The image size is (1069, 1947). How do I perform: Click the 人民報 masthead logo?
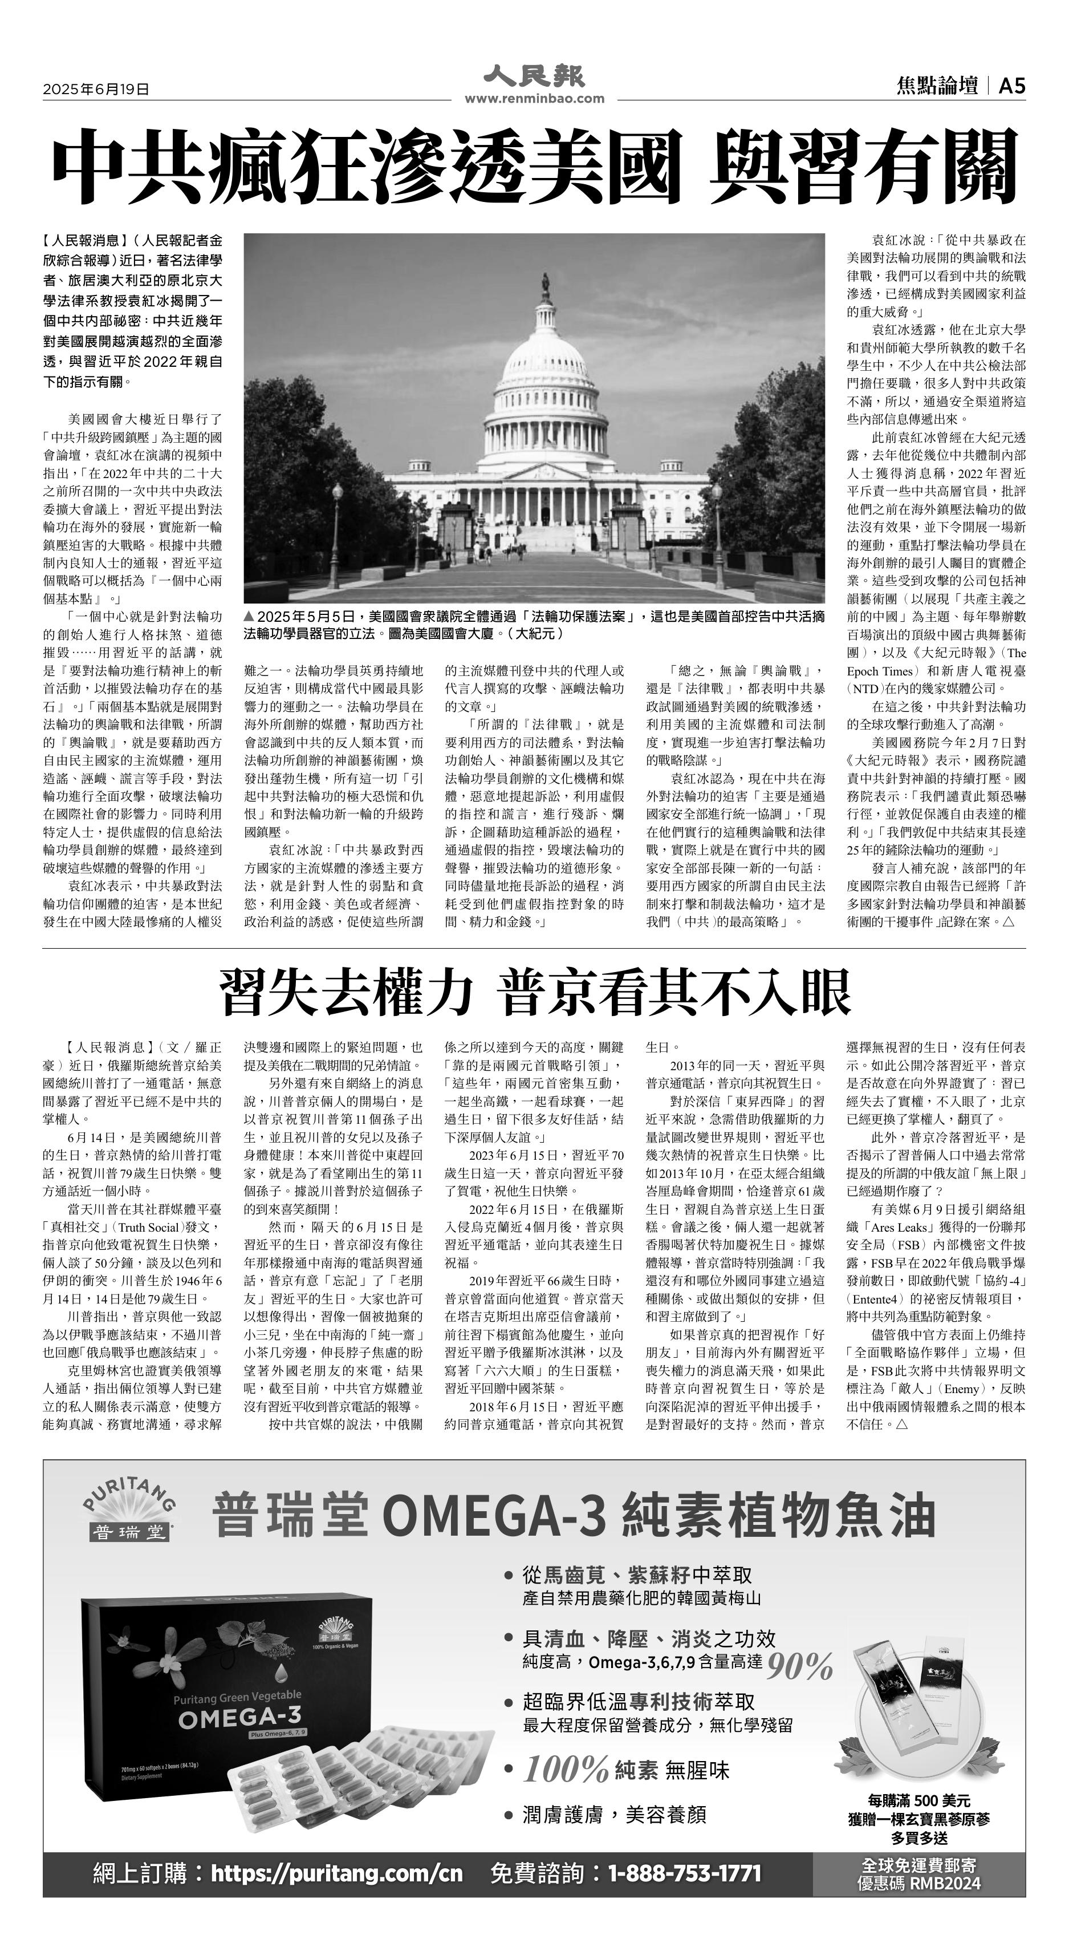tap(534, 76)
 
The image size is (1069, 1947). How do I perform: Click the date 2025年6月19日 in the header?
tap(96, 89)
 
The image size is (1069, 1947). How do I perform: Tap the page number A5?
tap(1011, 87)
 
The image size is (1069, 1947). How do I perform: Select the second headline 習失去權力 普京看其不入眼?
tap(534, 991)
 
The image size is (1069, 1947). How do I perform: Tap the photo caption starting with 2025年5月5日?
tap(534, 624)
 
